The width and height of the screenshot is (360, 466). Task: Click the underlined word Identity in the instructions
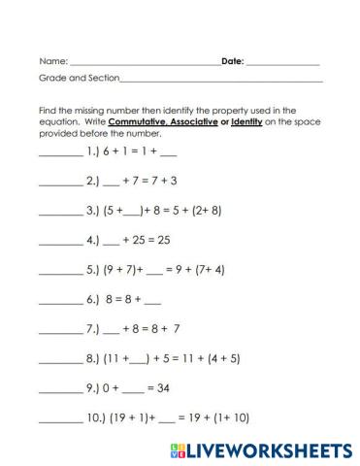click(x=263, y=122)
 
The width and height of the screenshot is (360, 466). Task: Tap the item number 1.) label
click(x=94, y=153)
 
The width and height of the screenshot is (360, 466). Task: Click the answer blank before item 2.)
click(x=60, y=182)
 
